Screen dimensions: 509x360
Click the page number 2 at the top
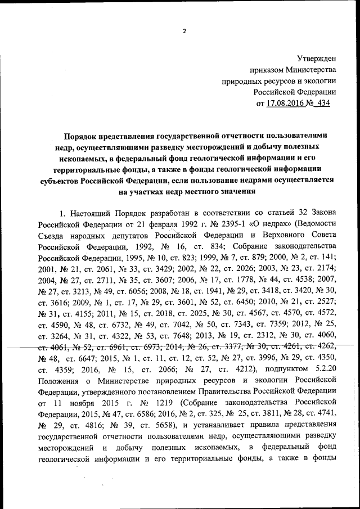[x=184, y=31]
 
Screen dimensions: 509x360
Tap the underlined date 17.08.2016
[x=285, y=103]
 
